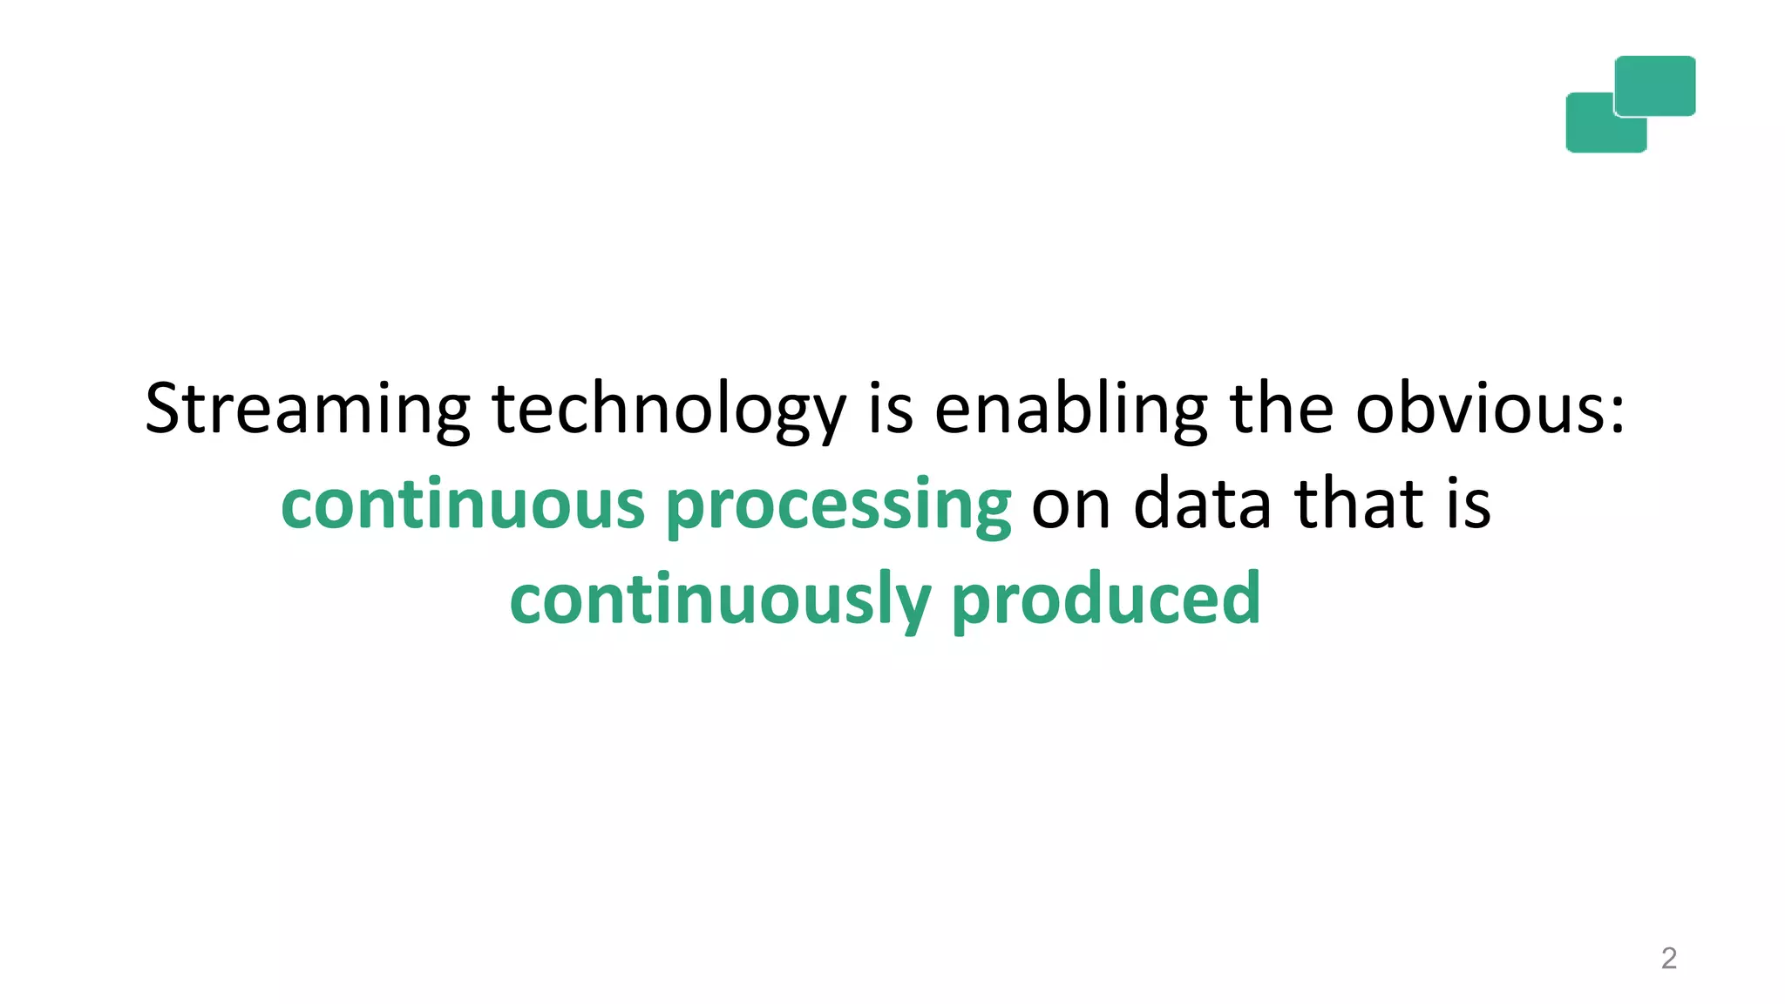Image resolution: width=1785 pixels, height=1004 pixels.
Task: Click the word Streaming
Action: coord(307,410)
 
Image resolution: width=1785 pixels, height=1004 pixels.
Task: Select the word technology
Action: coord(669,410)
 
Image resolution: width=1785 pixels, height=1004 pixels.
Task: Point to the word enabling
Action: coord(1070,410)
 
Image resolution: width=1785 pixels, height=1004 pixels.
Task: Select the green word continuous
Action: coord(463,505)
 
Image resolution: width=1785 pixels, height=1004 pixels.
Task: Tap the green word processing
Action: coord(838,506)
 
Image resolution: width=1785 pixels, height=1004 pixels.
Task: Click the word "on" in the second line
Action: coord(1070,505)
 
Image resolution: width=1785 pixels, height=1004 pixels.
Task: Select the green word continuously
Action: coord(721,600)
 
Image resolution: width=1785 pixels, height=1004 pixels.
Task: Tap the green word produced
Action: coord(1106,600)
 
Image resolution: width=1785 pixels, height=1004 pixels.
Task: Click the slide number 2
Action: coord(1668,958)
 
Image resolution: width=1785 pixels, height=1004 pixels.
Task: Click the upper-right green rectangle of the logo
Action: coord(1655,85)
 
